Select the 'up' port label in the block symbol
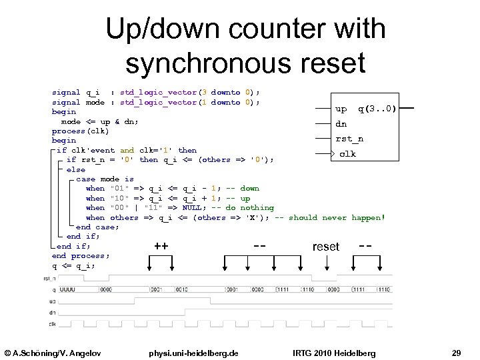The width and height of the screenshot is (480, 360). coord(341,108)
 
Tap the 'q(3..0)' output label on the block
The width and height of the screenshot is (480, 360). coord(377,108)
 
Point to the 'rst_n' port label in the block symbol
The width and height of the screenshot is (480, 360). coord(349,139)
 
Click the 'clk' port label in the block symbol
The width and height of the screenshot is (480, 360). coord(347,154)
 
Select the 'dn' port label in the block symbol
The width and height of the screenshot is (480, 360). coord(341,123)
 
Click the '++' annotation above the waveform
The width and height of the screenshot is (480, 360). coord(161,247)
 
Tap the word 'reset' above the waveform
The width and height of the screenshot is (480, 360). coord(325,247)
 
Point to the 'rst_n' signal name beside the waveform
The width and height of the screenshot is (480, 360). coord(49,279)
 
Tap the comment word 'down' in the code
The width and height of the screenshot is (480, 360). coord(249,188)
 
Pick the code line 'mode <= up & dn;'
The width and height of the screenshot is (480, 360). coord(99,121)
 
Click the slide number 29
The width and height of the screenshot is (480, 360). coord(456,352)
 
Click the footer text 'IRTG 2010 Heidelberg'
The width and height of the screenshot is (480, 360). coord(334,352)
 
